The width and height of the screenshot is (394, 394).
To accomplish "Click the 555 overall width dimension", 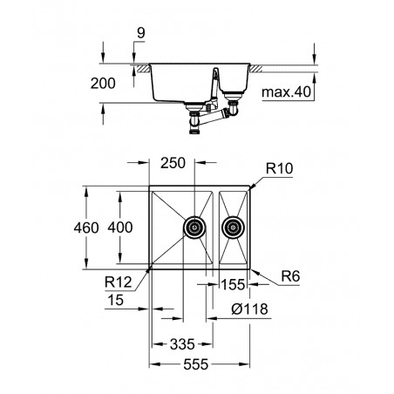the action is [196, 364].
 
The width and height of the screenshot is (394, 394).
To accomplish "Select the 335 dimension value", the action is [182, 344].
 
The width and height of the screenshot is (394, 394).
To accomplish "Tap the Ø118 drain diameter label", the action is [249, 309].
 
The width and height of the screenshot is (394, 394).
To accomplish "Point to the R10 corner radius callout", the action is [280, 168].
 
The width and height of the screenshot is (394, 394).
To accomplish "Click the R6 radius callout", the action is [290, 276].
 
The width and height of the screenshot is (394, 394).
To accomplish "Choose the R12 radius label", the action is [119, 282].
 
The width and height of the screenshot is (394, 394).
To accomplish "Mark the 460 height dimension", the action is [86, 228].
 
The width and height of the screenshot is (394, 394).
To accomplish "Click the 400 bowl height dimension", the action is [120, 228].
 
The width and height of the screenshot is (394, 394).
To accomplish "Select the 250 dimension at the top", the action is [173, 163].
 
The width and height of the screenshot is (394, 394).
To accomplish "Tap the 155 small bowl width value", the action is [233, 284].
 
